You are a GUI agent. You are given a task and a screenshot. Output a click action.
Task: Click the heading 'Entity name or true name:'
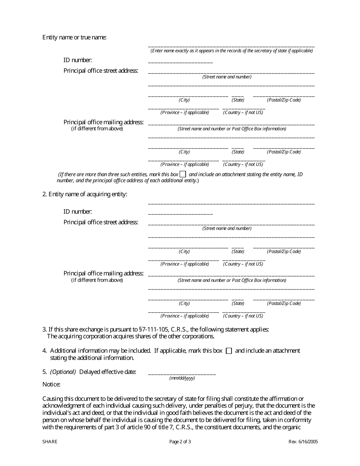coord(74,37)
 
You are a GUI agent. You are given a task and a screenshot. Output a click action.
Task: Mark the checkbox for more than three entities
coord(183,174)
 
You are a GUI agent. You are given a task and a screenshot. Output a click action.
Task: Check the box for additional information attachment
coord(229,351)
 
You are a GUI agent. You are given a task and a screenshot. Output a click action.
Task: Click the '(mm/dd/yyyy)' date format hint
coord(182,378)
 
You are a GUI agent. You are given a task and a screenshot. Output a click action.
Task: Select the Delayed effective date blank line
coord(182,374)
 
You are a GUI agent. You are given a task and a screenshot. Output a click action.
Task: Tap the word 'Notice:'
coord(51,384)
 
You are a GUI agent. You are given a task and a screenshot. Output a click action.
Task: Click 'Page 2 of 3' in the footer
coord(180,441)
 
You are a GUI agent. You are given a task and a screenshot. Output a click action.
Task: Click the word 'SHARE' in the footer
coord(50,441)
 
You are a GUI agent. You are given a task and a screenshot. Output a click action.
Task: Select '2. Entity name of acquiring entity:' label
coord(85,194)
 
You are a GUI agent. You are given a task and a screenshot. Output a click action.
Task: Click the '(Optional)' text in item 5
coord(63,372)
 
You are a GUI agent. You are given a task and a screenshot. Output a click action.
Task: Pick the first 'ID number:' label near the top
coord(77,60)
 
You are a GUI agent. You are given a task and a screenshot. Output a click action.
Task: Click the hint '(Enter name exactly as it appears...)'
coord(232,50)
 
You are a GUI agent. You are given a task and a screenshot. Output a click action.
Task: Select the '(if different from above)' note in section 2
coord(97,280)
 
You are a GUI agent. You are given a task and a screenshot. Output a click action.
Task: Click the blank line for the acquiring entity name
coord(231,203)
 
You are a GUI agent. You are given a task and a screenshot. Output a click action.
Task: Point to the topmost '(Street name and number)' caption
coord(227,77)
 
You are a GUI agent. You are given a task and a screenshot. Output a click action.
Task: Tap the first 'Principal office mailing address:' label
coord(103,122)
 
